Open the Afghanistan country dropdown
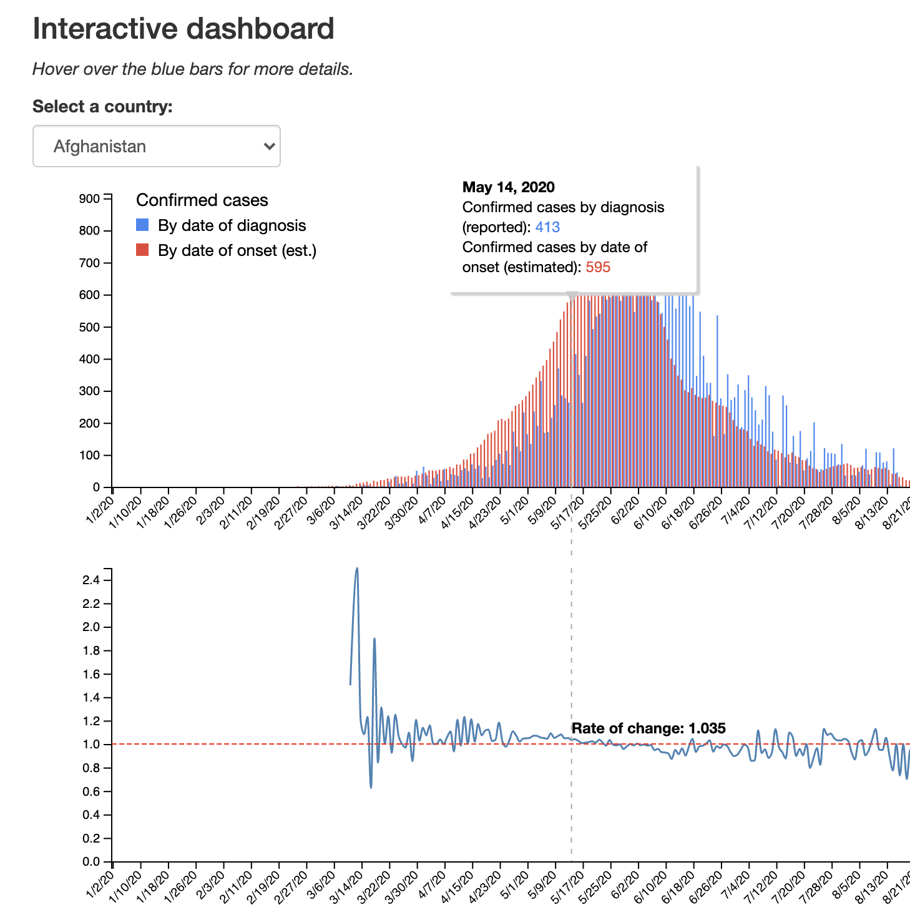(x=156, y=146)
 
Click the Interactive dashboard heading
(x=183, y=29)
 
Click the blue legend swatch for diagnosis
(x=142, y=225)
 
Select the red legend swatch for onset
(x=142, y=250)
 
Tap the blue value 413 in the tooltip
(x=547, y=227)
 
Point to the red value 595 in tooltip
(x=598, y=267)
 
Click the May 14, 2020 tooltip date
(x=508, y=187)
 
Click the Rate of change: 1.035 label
(x=648, y=728)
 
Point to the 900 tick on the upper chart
(x=89, y=199)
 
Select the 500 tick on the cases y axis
(x=89, y=327)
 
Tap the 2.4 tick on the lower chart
(x=91, y=580)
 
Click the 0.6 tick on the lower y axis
(x=91, y=791)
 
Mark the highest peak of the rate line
(x=357, y=569)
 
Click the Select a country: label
(x=102, y=107)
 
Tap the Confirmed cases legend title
(x=202, y=200)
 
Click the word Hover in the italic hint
(x=56, y=69)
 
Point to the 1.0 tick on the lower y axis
(x=91, y=745)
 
